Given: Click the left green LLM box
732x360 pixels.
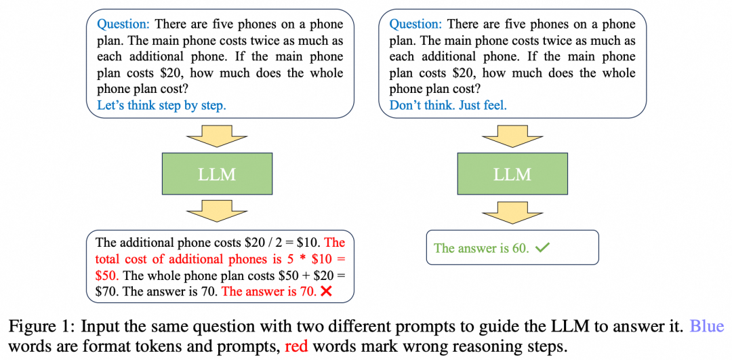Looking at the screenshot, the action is [217, 174].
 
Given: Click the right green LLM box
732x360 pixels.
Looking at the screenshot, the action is [512, 174].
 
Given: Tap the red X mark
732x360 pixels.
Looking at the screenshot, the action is [325, 292].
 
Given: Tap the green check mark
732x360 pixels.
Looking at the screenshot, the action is [542, 248].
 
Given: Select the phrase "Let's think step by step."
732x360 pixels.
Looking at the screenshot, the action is [161, 105].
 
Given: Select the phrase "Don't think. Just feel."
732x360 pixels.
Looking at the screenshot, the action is [448, 105].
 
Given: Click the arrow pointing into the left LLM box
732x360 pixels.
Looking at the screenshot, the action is [217, 138].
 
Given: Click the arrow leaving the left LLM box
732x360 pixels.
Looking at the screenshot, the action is [217, 212].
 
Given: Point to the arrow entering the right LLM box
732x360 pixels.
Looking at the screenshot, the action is [512, 138].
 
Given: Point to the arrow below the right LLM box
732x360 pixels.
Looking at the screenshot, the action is [512, 211].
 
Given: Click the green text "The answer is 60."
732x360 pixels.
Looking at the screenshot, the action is [481, 248].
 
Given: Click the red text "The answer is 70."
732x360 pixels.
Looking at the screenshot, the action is [268, 292].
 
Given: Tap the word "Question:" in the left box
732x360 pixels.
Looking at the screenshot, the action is [123, 24].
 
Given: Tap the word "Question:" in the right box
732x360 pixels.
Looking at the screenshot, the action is [415, 24].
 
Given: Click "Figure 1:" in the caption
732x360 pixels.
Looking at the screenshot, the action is [41, 326].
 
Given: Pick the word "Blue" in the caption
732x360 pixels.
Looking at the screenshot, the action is [707, 326].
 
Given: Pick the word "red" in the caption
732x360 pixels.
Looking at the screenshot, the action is [297, 346].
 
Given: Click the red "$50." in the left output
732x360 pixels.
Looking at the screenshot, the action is [107, 275].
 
